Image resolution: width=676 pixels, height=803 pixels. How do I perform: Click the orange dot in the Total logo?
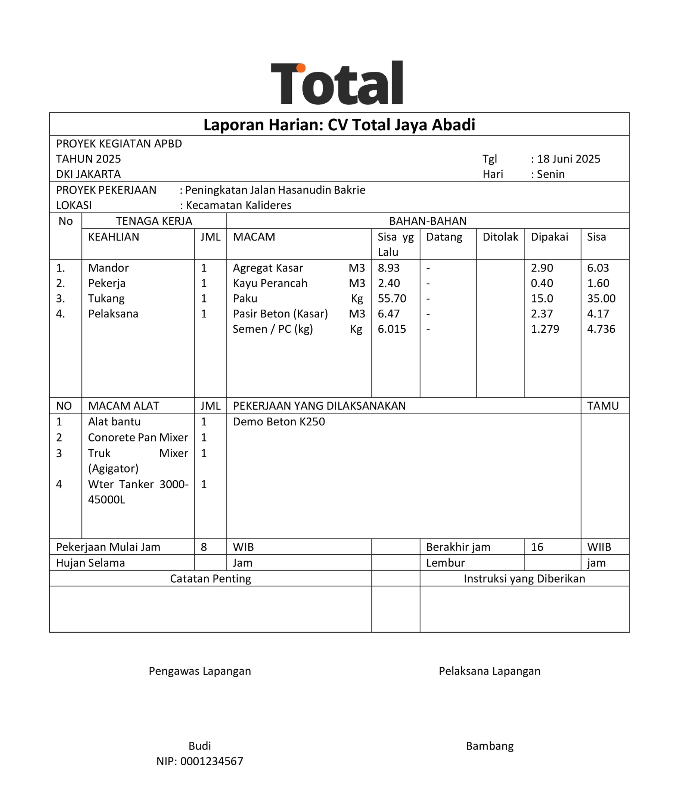point(301,68)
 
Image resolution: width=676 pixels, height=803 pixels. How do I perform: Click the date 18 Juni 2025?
point(568,159)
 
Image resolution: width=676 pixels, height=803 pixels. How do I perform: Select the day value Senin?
point(550,174)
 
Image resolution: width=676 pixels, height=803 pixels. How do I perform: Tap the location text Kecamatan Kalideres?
point(238,205)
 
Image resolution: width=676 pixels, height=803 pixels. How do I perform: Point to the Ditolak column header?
point(500,237)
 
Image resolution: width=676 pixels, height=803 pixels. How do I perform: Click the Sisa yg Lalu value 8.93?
point(388,267)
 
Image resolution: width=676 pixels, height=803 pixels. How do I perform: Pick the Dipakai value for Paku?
point(542,298)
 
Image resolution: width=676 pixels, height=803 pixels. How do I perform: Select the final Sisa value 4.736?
point(601,329)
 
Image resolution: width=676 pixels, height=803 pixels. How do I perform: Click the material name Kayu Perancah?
point(270,283)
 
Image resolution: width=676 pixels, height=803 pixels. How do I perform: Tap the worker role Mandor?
point(108,267)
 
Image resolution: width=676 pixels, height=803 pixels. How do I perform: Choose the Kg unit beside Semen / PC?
point(356,329)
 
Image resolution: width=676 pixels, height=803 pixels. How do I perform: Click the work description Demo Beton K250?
point(279,422)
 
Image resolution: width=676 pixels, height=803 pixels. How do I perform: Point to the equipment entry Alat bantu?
point(114,422)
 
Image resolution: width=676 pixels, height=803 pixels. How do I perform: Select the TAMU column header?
point(603,406)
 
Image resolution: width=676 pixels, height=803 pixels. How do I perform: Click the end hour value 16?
point(537,547)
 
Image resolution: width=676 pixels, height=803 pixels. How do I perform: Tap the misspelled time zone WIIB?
point(599,547)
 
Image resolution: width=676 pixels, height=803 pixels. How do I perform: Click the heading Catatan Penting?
point(210,579)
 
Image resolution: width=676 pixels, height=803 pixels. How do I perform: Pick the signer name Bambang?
point(490,746)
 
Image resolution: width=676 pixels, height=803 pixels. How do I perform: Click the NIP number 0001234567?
point(211,761)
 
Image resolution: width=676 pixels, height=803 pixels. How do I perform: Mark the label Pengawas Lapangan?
point(200,671)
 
